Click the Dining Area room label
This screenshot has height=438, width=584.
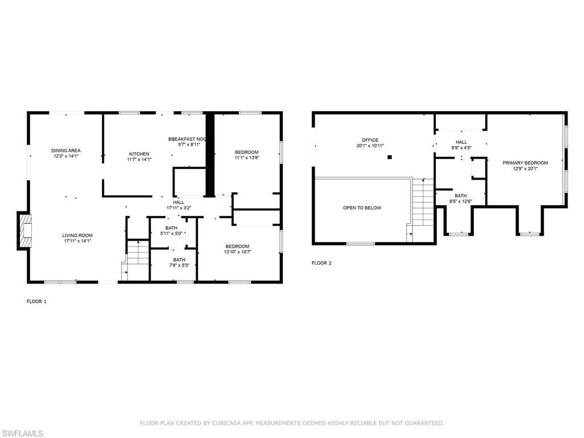[x=66, y=151]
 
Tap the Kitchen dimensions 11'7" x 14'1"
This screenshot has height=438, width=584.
[x=139, y=160]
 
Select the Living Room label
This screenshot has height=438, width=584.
[x=78, y=236]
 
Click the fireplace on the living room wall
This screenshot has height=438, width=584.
[x=24, y=231]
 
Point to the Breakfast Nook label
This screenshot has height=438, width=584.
[x=186, y=139]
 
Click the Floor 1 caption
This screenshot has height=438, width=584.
[x=36, y=301]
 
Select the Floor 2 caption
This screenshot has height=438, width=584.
[x=321, y=263]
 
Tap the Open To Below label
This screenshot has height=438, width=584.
[x=362, y=208]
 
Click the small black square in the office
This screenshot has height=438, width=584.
[x=390, y=157]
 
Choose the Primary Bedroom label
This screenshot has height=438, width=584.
[x=525, y=163]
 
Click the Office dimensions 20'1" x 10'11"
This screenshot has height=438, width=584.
[x=370, y=146]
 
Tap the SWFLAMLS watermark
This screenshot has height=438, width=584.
[x=22, y=433]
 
